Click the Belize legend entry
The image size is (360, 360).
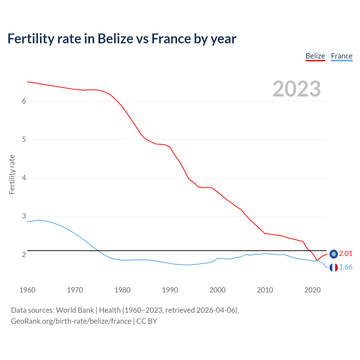315,56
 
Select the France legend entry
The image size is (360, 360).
341,56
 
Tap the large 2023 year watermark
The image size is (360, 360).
296,89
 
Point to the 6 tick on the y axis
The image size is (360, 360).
24,101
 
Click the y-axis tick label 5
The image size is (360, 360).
24,139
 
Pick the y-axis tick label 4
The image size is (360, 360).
24,178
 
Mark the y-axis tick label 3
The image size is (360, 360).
24,216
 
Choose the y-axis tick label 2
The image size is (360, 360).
24,255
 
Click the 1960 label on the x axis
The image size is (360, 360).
27,290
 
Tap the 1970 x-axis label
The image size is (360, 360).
75,290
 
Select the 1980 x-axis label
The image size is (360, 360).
122,290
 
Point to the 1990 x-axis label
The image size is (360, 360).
170,290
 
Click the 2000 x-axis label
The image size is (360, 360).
217,290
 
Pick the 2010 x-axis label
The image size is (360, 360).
265,290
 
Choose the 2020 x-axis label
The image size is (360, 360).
312,290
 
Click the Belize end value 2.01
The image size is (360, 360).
346,254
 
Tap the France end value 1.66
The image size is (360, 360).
346,267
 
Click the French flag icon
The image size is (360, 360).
334,267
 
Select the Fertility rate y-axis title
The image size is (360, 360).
12,174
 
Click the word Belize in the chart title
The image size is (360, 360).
115,39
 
